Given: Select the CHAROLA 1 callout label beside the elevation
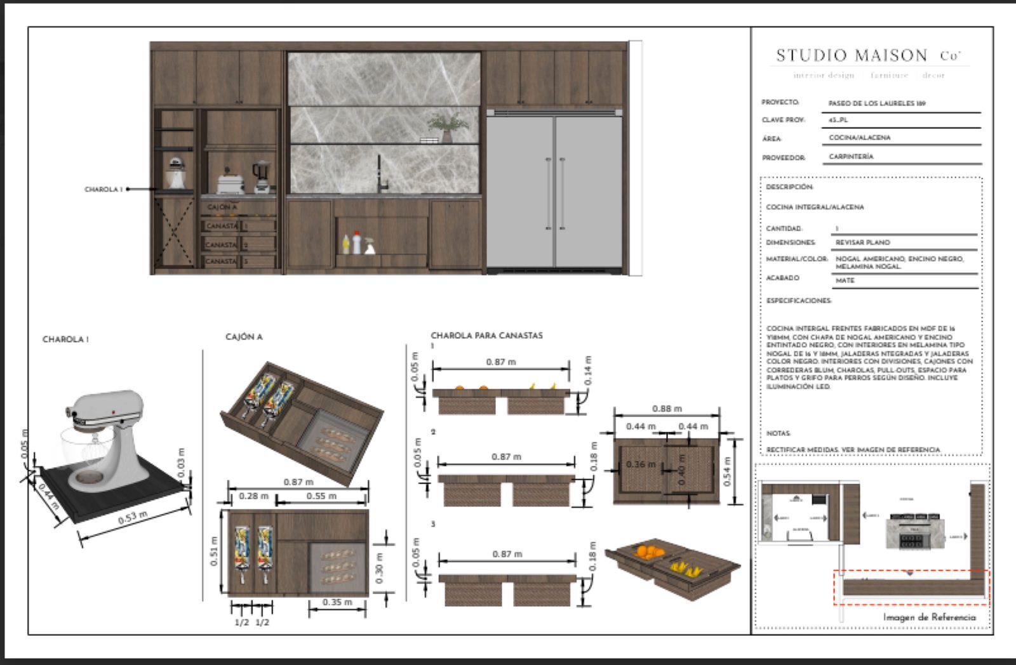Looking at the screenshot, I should coord(104,189).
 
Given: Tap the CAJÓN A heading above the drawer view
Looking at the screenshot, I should coord(244,337).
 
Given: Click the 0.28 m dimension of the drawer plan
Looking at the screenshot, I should coord(253,496).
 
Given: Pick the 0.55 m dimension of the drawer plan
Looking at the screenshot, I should coord(321,496).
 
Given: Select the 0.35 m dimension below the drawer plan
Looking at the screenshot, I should coord(337,602).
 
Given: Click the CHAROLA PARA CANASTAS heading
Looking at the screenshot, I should coord(486,335).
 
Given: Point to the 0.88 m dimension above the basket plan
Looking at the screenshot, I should coord(667,409).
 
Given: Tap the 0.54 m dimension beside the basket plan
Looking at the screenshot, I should coord(728,471).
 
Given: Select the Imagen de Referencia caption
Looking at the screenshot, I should coord(929,617).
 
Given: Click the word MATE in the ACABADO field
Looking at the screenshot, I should coord(845,280).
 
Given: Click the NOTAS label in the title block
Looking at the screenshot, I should coord(778,434).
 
